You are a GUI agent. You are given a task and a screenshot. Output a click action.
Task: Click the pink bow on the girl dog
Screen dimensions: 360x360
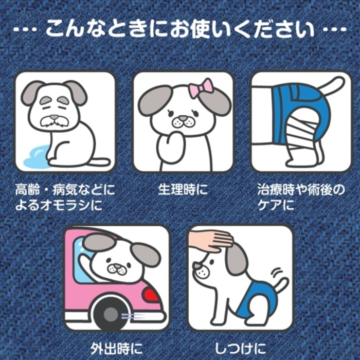point(201,88)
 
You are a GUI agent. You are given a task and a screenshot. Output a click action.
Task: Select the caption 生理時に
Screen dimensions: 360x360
point(183,190)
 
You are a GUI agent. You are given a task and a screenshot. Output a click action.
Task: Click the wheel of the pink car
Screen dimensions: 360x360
point(110,315)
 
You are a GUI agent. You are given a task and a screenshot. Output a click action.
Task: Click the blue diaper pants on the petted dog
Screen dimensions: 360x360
point(253,296)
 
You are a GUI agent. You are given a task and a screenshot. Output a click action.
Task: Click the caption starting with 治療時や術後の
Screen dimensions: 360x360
point(301,197)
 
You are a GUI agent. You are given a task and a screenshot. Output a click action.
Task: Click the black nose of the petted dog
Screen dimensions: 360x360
point(196,266)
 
